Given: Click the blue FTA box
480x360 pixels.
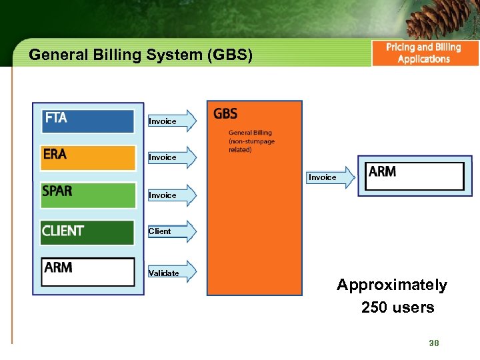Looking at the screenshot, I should point(88,120).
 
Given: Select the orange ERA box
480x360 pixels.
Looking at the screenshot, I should point(88,157).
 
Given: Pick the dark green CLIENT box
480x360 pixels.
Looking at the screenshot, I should point(88,232).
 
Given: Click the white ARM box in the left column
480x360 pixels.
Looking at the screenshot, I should point(88,271).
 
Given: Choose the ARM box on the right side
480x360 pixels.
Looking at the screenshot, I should point(415,175).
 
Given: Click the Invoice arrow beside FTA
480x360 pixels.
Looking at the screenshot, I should point(172,121).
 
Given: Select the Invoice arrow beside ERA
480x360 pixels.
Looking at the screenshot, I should point(172,157).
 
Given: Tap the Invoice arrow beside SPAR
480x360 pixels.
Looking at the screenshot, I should point(172,195).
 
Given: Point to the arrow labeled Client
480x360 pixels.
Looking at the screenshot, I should point(172,231).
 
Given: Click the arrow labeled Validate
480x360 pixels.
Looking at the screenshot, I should point(172,273).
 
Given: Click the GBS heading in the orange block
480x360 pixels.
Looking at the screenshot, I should point(225,114).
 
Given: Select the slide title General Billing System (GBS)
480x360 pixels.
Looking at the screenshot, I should point(141,55).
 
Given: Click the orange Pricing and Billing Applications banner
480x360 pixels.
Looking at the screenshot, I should point(425,53).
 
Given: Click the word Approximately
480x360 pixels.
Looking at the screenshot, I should point(392,285).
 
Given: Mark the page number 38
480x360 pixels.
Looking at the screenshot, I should point(434,343).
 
